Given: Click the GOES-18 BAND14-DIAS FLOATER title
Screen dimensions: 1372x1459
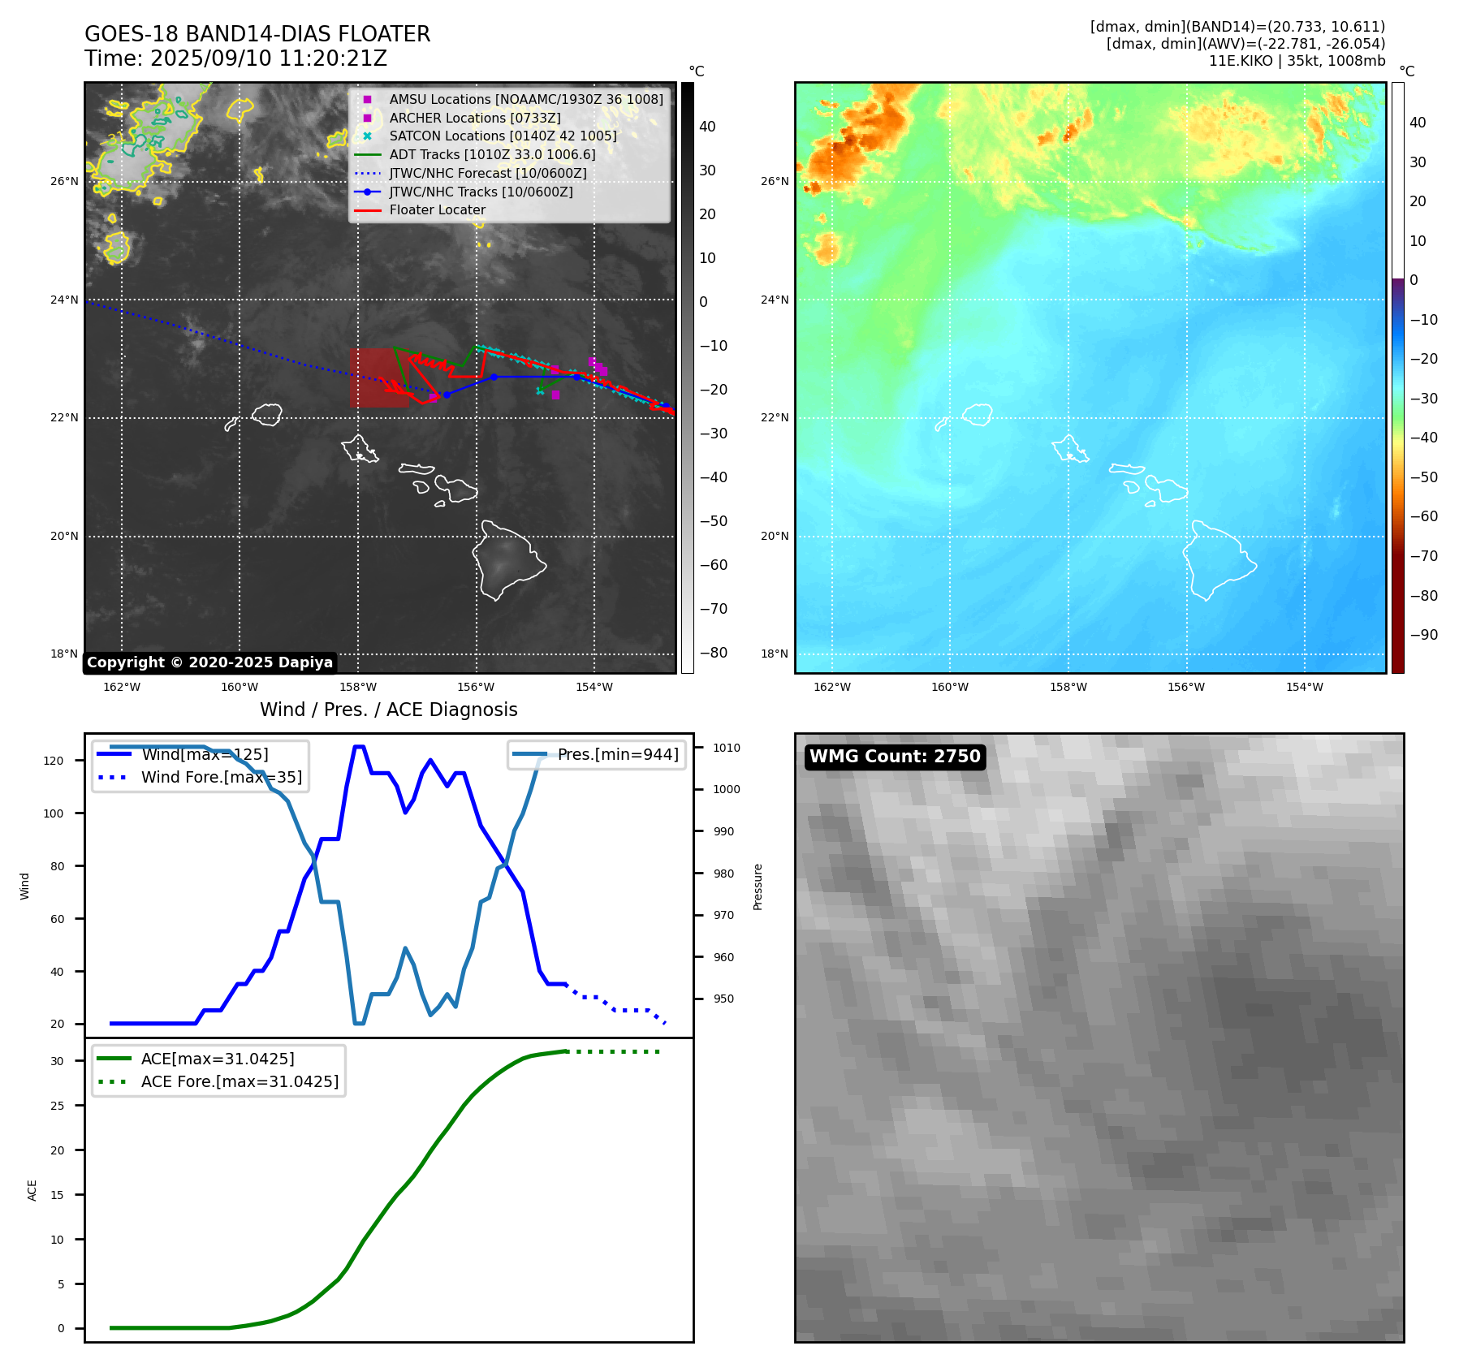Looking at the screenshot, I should [257, 34].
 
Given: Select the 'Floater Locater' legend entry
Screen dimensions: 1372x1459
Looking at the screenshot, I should [437, 210].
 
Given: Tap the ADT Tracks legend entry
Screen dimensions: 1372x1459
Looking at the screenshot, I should [492, 154].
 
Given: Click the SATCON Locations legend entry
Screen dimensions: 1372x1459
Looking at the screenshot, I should [503, 136].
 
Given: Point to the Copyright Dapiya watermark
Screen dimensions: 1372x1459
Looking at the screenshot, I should [209, 662].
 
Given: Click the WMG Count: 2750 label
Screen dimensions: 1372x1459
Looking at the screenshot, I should [895, 757].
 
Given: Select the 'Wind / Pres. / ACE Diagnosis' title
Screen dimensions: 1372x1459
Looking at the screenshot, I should [388, 710].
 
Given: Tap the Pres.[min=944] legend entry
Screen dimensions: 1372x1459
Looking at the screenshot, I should [617, 754].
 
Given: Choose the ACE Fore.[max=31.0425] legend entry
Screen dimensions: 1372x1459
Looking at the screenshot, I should [240, 1081].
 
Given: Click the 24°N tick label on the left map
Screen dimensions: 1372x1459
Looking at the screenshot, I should [64, 300].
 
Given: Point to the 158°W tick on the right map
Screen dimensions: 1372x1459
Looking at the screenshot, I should [1068, 687].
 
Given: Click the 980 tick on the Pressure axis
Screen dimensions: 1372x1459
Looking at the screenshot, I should [723, 874].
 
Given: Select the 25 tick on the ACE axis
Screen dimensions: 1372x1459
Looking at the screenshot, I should [57, 1106].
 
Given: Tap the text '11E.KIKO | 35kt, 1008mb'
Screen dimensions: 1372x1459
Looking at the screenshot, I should [1297, 61].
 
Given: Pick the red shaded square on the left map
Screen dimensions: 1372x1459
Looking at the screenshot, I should [378, 378].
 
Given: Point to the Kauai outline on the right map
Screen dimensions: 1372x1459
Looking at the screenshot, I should [978, 415].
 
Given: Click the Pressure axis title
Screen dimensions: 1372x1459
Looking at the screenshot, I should [758, 887].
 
